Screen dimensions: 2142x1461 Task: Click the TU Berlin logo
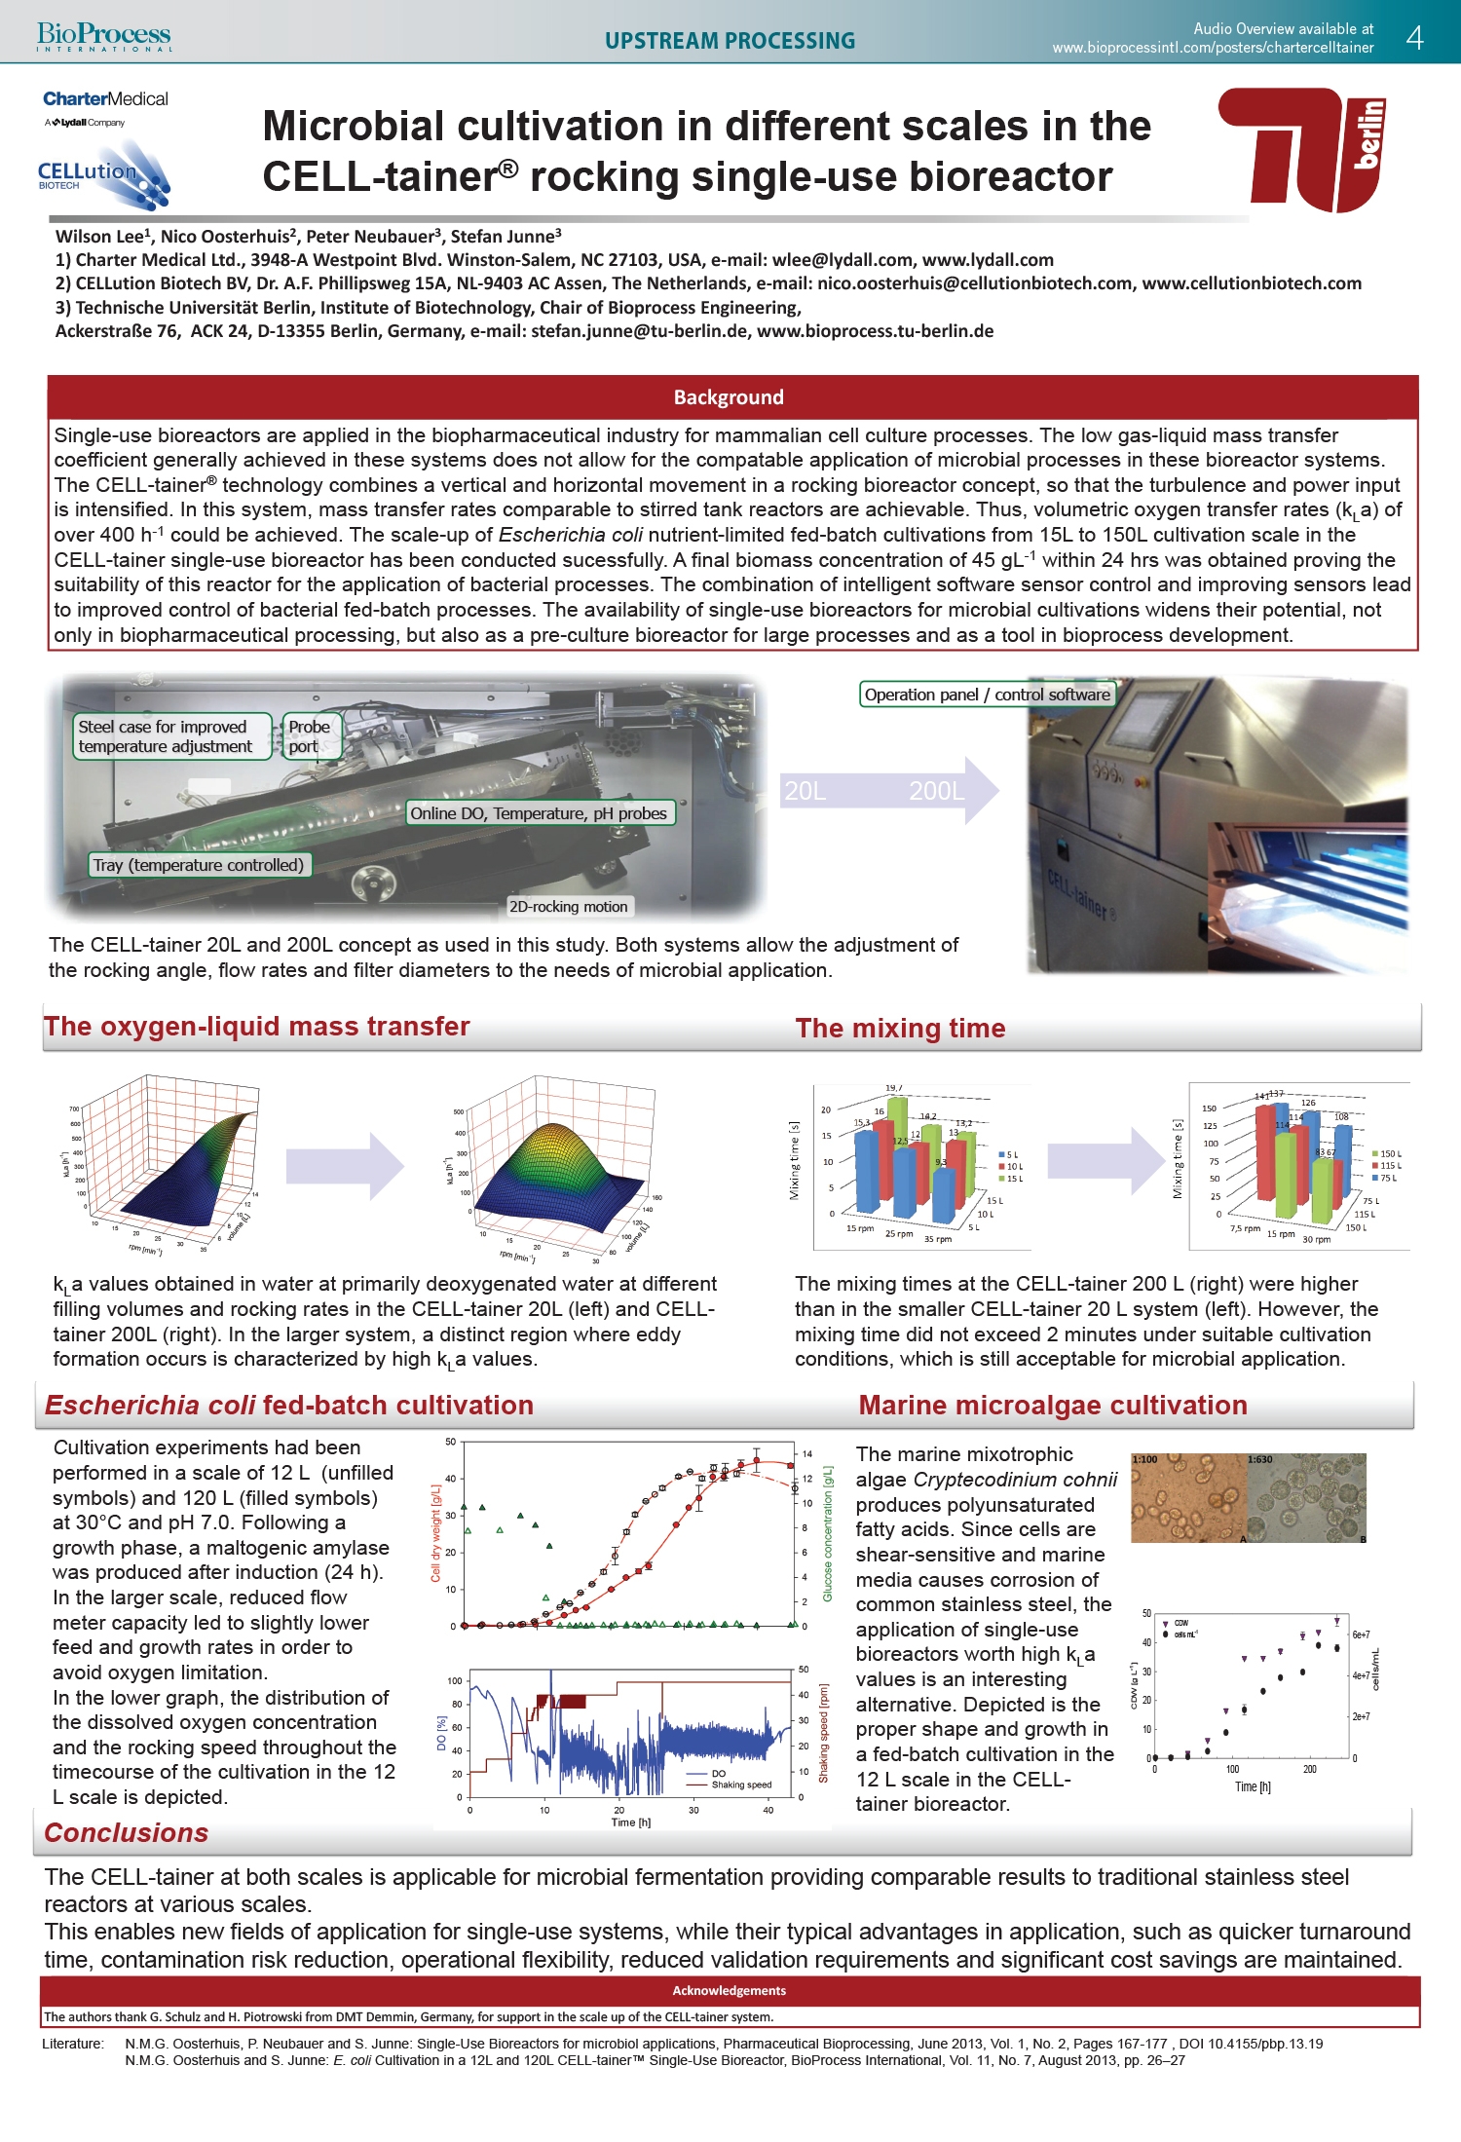pyautogui.click(x=1301, y=149)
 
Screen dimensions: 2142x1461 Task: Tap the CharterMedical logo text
pyautogui.click(x=105, y=99)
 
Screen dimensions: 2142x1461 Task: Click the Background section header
pyautogui.click(x=729, y=397)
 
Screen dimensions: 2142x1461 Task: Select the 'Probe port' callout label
pyautogui.click(x=309, y=736)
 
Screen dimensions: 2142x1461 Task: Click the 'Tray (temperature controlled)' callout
pyautogui.click(x=199, y=865)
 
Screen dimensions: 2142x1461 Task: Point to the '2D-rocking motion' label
pyautogui.click(x=569, y=907)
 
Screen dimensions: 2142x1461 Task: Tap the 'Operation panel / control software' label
pyautogui.click(x=987, y=695)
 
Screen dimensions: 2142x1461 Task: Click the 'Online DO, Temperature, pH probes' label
pyautogui.click(x=539, y=813)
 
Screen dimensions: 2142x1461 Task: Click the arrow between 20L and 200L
pyautogui.click(x=887, y=790)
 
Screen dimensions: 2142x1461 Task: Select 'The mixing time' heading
pyautogui.click(x=900, y=1029)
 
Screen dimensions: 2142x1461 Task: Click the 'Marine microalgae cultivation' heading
pyautogui.click(x=1052, y=1406)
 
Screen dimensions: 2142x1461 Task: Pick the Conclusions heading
pyautogui.click(x=127, y=1833)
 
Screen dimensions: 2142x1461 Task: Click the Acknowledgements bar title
pyautogui.click(x=729, y=1990)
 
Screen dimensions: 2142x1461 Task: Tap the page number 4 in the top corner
pyautogui.click(x=1415, y=38)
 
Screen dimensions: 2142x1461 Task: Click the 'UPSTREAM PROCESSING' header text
pyautogui.click(x=730, y=41)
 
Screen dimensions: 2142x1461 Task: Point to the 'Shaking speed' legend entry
pyautogui.click(x=740, y=1785)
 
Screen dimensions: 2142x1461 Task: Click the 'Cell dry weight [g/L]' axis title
pyautogui.click(x=436, y=1534)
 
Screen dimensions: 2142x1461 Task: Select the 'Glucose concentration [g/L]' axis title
pyautogui.click(x=828, y=1534)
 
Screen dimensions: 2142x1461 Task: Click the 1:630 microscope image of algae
pyautogui.click(x=1306, y=1497)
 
